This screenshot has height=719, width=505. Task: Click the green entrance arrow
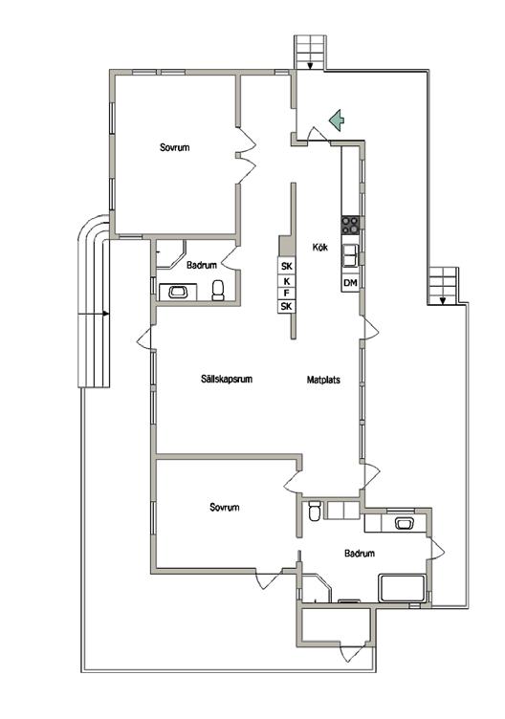coord(337,120)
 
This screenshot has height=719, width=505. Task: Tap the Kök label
coord(320,247)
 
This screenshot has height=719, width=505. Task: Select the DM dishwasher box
coord(350,283)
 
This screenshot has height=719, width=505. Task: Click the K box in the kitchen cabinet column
coord(287,281)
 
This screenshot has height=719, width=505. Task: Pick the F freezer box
coord(287,293)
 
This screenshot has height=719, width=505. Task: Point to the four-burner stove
coord(350,225)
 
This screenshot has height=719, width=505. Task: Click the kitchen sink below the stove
coord(350,255)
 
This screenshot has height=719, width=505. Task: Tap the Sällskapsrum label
coord(227,380)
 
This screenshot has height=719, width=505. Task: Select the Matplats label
coord(323,380)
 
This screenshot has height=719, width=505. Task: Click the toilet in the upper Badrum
coord(218,291)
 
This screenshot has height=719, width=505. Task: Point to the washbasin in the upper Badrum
coord(178,293)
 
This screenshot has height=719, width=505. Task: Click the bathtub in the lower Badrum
coord(403,588)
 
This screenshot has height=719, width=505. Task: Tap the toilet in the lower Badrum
coord(315,511)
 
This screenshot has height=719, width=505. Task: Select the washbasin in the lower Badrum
coord(405,523)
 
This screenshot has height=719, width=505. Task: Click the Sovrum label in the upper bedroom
coord(174,147)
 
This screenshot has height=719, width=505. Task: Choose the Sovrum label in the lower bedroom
coord(225,507)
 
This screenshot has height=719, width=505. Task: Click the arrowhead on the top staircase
coord(310,66)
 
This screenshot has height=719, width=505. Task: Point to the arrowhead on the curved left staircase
coord(106,314)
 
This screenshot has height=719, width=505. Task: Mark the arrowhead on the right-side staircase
coord(443,301)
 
